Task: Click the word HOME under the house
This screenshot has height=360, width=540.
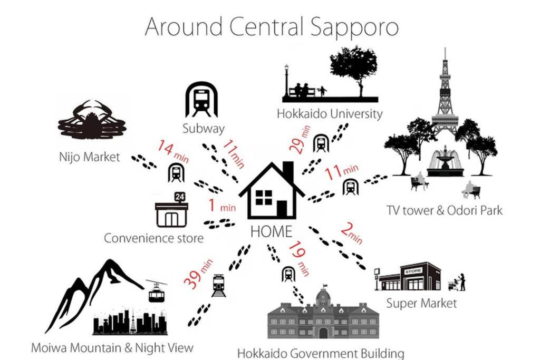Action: click(272, 231)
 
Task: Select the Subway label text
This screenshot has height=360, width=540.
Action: click(203, 129)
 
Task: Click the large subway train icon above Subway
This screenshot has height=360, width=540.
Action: click(202, 100)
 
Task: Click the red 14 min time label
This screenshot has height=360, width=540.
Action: click(173, 151)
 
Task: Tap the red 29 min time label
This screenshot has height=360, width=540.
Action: click(300, 139)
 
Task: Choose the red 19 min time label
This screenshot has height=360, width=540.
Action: click(299, 258)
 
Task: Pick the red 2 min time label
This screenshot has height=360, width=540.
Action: click(352, 233)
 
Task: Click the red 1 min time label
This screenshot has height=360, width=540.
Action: click(222, 206)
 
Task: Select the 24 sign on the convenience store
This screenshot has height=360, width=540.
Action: click(180, 197)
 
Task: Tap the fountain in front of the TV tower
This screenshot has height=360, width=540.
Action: click(445, 161)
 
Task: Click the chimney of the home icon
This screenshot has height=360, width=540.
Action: click(288, 171)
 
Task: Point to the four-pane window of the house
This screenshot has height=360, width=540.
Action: click(264, 198)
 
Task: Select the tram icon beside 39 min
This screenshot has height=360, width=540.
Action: click(219, 285)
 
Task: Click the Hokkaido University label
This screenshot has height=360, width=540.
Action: click(330, 114)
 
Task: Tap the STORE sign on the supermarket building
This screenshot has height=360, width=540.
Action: click(413, 271)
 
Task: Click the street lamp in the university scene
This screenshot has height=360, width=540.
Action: click(286, 81)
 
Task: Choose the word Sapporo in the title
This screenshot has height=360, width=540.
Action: click(354, 27)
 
